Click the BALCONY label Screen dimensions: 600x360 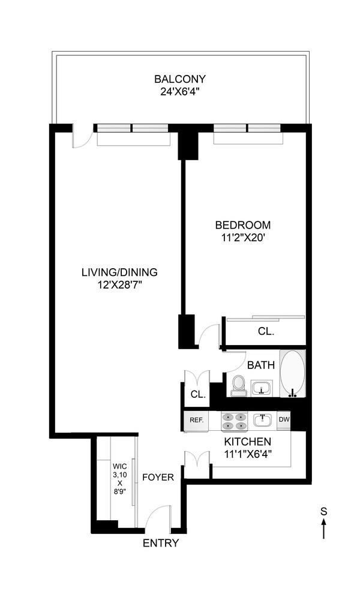[180, 79]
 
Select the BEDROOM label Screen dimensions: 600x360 [243, 225]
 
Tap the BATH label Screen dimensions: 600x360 [261, 364]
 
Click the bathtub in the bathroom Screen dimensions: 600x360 [293, 373]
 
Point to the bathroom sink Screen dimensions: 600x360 [261, 388]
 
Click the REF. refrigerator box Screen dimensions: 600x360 [197, 420]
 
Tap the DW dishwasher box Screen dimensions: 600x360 [284, 420]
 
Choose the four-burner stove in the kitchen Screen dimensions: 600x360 [235, 421]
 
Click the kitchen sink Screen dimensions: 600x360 [262, 420]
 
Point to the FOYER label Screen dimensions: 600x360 [158, 478]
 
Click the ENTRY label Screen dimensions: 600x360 [160, 544]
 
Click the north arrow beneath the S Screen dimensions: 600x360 [324, 529]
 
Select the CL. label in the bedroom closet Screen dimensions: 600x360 [266, 331]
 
